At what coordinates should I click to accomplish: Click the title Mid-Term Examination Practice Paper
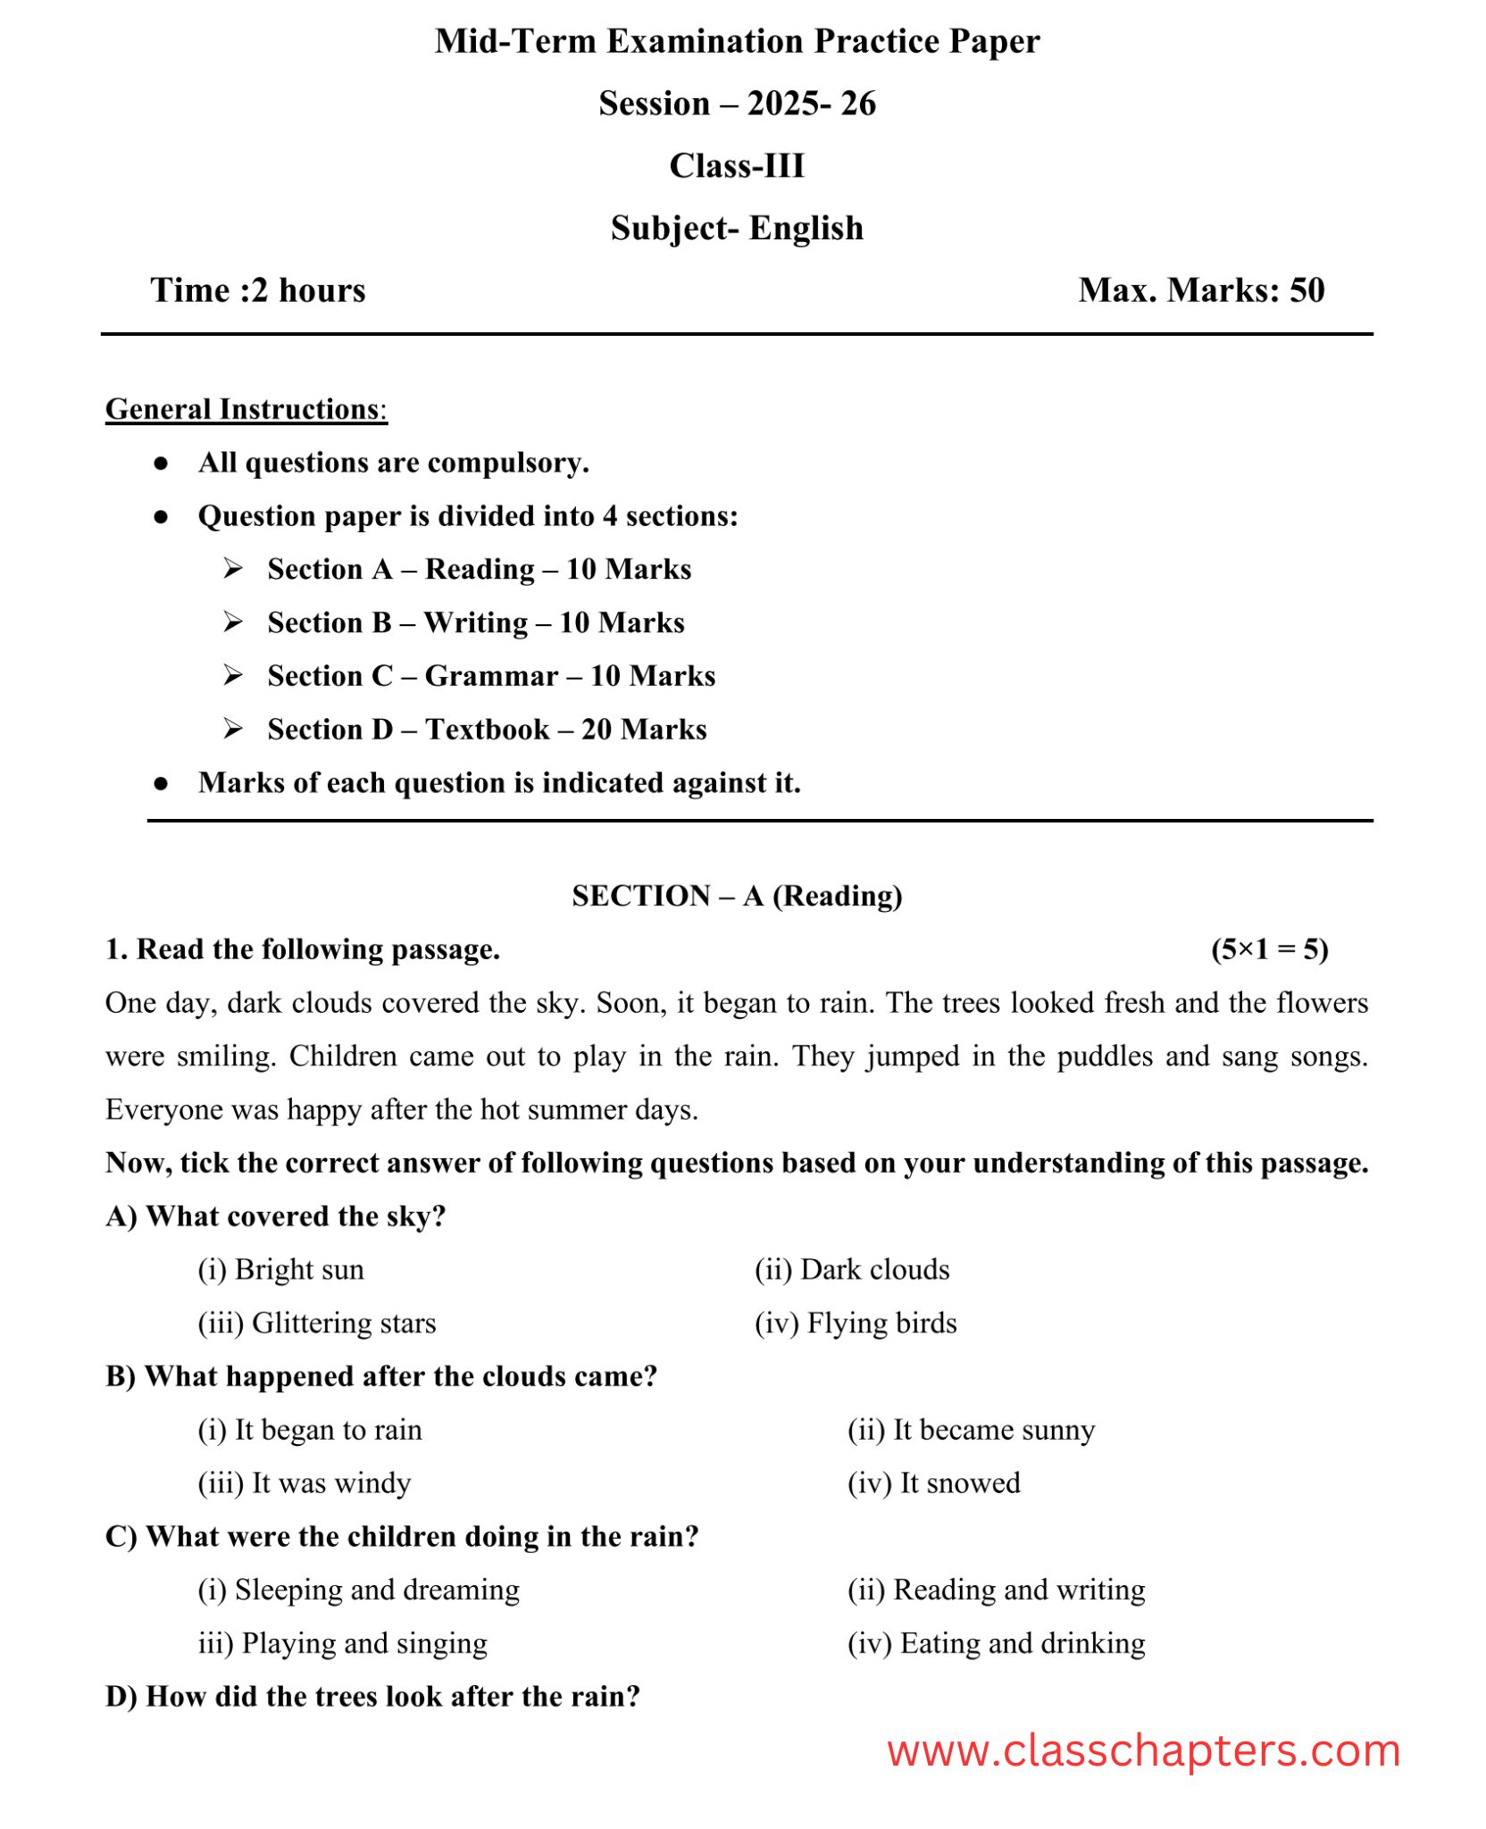click(x=737, y=42)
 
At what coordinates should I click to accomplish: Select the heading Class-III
click(x=737, y=166)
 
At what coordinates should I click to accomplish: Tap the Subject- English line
click(x=737, y=229)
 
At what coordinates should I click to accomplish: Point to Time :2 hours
click(x=258, y=291)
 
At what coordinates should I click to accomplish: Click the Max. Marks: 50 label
click(x=1201, y=291)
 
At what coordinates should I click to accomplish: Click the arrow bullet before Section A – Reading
click(x=233, y=569)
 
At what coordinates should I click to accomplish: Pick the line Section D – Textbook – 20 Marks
click(x=487, y=730)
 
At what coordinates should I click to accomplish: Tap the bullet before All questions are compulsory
click(x=162, y=464)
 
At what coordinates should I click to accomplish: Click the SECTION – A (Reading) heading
click(x=737, y=896)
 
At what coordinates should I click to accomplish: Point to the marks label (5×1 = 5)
click(x=1269, y=949)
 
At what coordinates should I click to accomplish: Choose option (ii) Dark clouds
click(x=852, y=1270)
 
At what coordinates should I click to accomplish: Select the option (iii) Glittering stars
click(x=317, y=1324)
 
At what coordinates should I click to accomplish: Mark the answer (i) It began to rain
click(x=310, y=1430)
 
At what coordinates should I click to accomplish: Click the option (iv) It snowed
click(x=933, y=1483)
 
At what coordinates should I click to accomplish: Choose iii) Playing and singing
click(x=343, y=1643)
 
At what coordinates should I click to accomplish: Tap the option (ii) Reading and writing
click(x=996, y=1590)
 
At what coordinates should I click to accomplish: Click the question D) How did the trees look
click(x=373, y=1697)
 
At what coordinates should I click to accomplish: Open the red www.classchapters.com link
click(x=1143, y=1752)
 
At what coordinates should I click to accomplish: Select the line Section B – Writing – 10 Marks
click(x=476, y=622)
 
